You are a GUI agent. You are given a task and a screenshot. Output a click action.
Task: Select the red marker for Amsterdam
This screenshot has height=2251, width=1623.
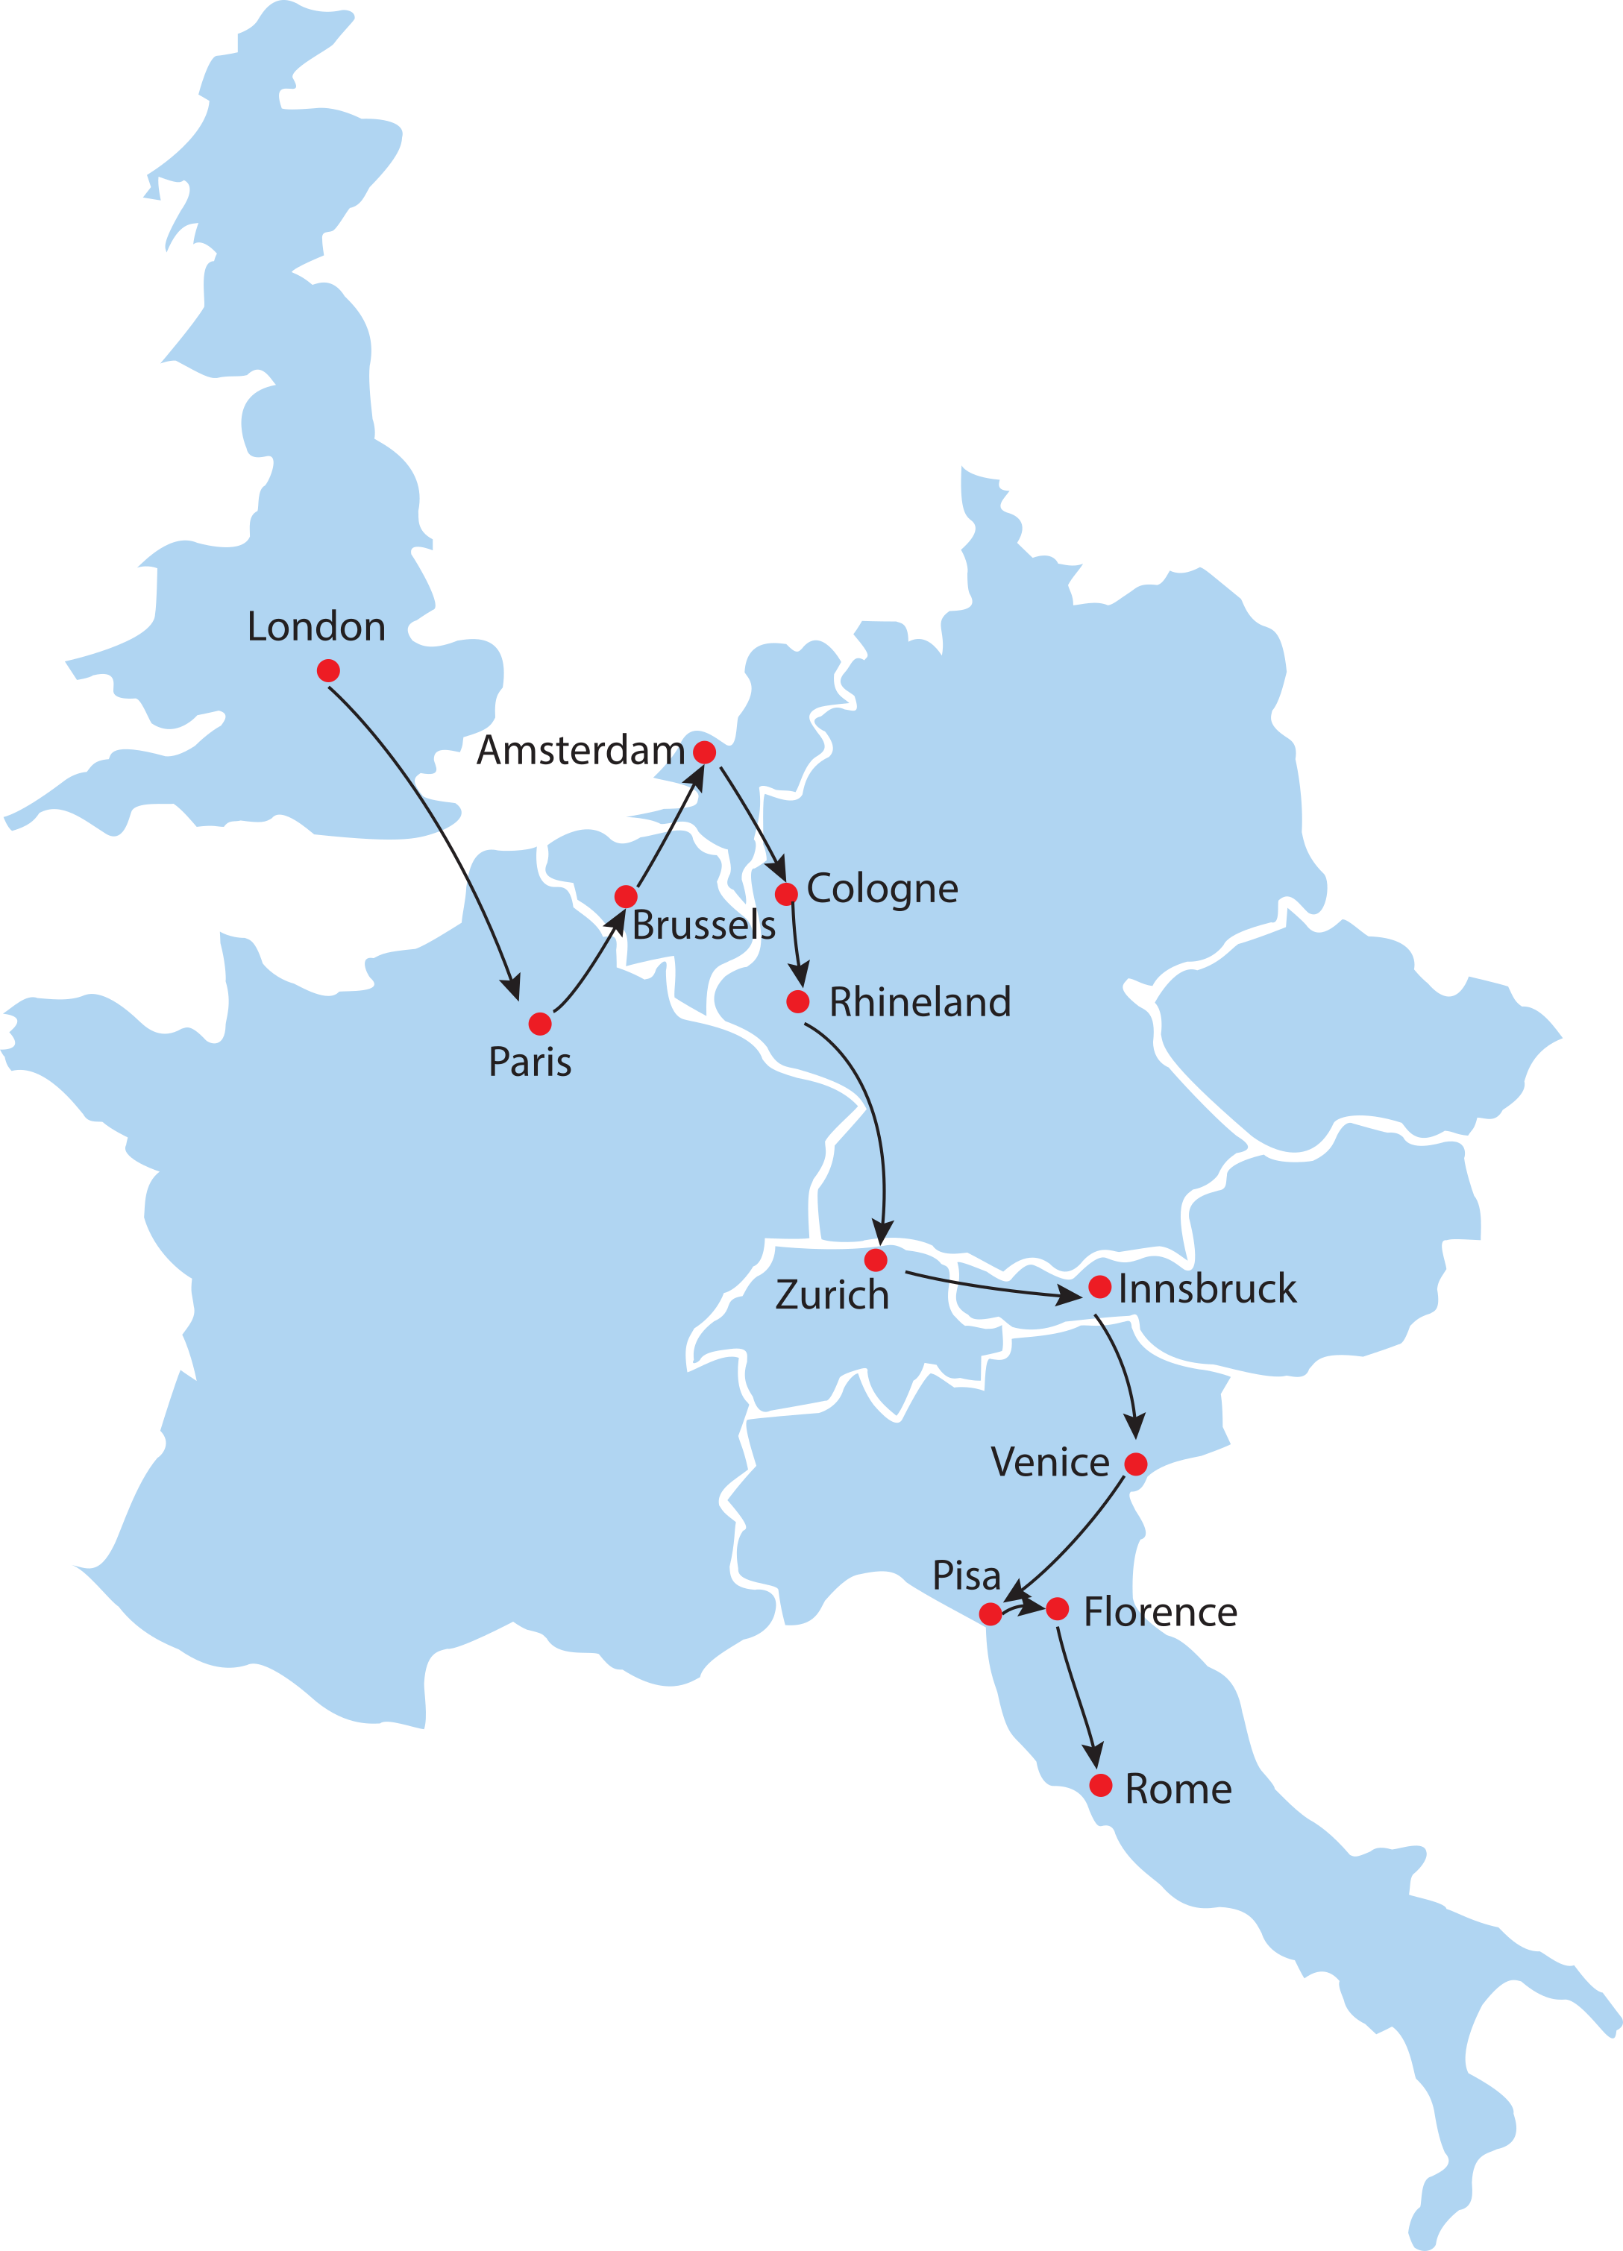pyautogui.click(x=704, y=752)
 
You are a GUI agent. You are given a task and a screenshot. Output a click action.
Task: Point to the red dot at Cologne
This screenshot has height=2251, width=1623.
pyautogui.click(x=786, y=893)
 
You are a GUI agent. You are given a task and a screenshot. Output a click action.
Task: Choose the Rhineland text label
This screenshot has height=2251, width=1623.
pyautogui.click(x=919, y=1002)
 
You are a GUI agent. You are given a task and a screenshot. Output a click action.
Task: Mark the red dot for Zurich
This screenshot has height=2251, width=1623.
pyautogui.click(x=876, y=1261)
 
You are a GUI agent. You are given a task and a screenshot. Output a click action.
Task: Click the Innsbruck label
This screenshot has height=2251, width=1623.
pyautogui.click(x=1206, y=1289)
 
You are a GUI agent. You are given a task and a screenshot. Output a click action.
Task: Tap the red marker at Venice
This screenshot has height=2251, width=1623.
pyautogui.click(x=1136, y=1464)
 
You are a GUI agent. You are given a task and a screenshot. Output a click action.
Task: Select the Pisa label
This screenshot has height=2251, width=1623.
pyautogui.click(x=966, y=1575)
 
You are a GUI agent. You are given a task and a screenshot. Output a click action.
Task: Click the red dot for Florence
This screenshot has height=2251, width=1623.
pyautogui.click(x=1057, y=1609)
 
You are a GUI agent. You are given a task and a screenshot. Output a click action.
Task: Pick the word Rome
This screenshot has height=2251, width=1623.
pyautogui.click(x=1178, y=1789)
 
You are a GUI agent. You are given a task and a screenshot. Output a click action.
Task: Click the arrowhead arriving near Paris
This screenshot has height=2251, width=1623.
pyautogui.click(x=513, y=989)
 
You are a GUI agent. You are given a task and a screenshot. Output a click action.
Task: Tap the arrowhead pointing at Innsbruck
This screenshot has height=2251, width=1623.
pyautogui.click(x=1070, y=1296)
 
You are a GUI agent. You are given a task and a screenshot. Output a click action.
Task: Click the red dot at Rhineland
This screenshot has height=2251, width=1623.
pyautogui.click(x=798, y=1001)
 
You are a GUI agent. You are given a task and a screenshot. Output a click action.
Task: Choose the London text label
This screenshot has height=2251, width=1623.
pyautogui.click(x=316, y=627)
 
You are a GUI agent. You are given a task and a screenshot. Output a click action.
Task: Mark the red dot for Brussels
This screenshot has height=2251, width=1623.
pyautogui.click(x=625, y=896)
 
